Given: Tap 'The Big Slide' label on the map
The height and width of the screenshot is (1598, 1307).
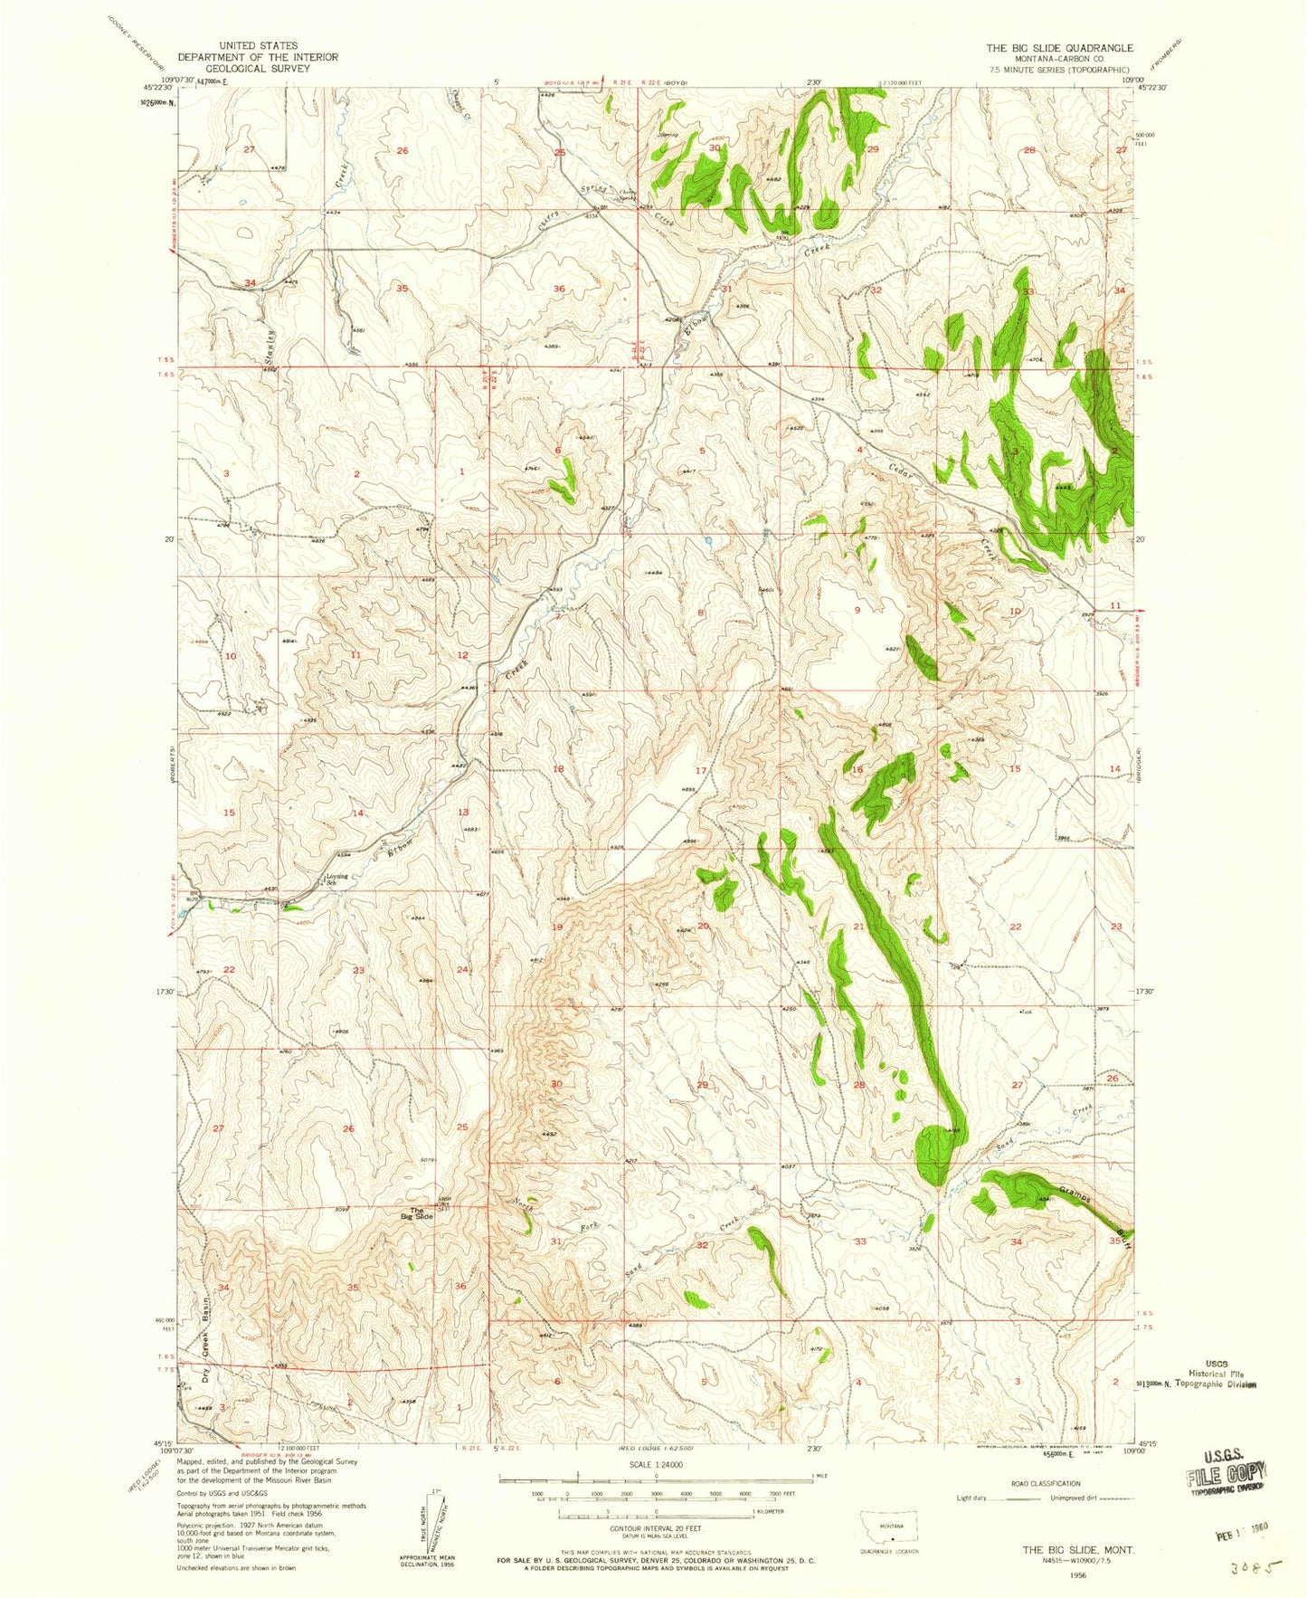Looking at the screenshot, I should point(421,1213).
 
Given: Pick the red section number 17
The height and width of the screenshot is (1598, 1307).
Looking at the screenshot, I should point(700,770).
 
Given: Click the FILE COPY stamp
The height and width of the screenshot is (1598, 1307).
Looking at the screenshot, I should point(1225,1478).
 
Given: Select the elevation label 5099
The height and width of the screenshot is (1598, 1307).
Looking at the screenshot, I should point(342,1211).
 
